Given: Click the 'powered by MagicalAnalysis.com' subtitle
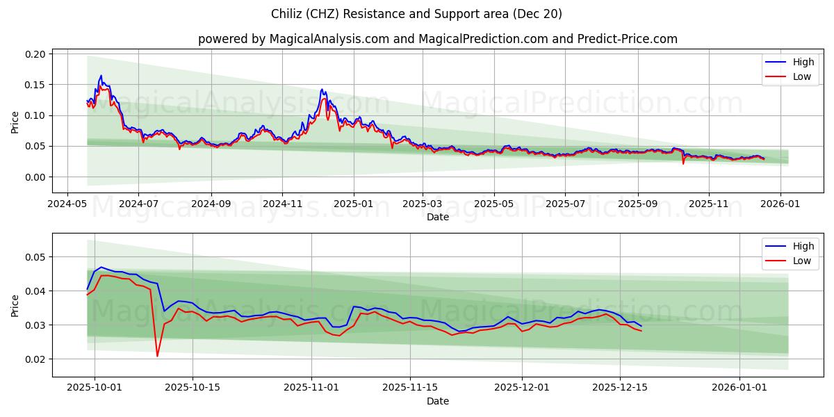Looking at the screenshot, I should (x=437, y=39).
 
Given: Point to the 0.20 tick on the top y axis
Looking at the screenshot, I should (x=35, y=54).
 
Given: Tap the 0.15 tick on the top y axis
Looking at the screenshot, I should (x=35, y=85).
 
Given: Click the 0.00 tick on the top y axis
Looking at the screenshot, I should (x=35, y=177).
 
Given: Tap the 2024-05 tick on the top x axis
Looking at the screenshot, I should (x=67, y=204).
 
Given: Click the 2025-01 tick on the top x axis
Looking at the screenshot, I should (x=354, y=204).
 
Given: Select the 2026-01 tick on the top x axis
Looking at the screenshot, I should (x=780, y=204).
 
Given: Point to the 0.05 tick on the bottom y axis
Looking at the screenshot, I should (x=35, y=257).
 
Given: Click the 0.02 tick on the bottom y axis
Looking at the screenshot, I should (x=35, y=359).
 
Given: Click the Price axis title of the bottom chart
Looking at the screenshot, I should (x=15, y=305).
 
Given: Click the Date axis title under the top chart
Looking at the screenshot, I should (x=437, y=217).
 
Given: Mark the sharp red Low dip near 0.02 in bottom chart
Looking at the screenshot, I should (x=157, y=356).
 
